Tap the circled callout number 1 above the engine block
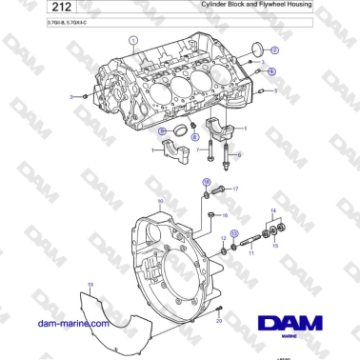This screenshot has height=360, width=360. (133, 41)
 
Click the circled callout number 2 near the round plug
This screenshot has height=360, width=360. (275, 50)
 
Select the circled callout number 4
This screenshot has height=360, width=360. (270, 71)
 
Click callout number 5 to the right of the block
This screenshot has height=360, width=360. (276, 91)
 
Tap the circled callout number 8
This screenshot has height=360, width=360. (194, 138)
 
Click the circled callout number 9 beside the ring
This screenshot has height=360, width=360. (162, 130)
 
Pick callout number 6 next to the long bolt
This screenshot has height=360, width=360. (239, 154)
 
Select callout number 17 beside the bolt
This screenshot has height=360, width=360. (236, 190)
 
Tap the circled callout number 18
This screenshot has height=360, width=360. (206, 181)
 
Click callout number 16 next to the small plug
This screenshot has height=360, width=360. (226, 215)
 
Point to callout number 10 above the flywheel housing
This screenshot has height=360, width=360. (160, 201)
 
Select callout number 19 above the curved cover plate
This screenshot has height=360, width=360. (90, 285)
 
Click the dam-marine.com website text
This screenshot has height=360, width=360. (72, 324)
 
